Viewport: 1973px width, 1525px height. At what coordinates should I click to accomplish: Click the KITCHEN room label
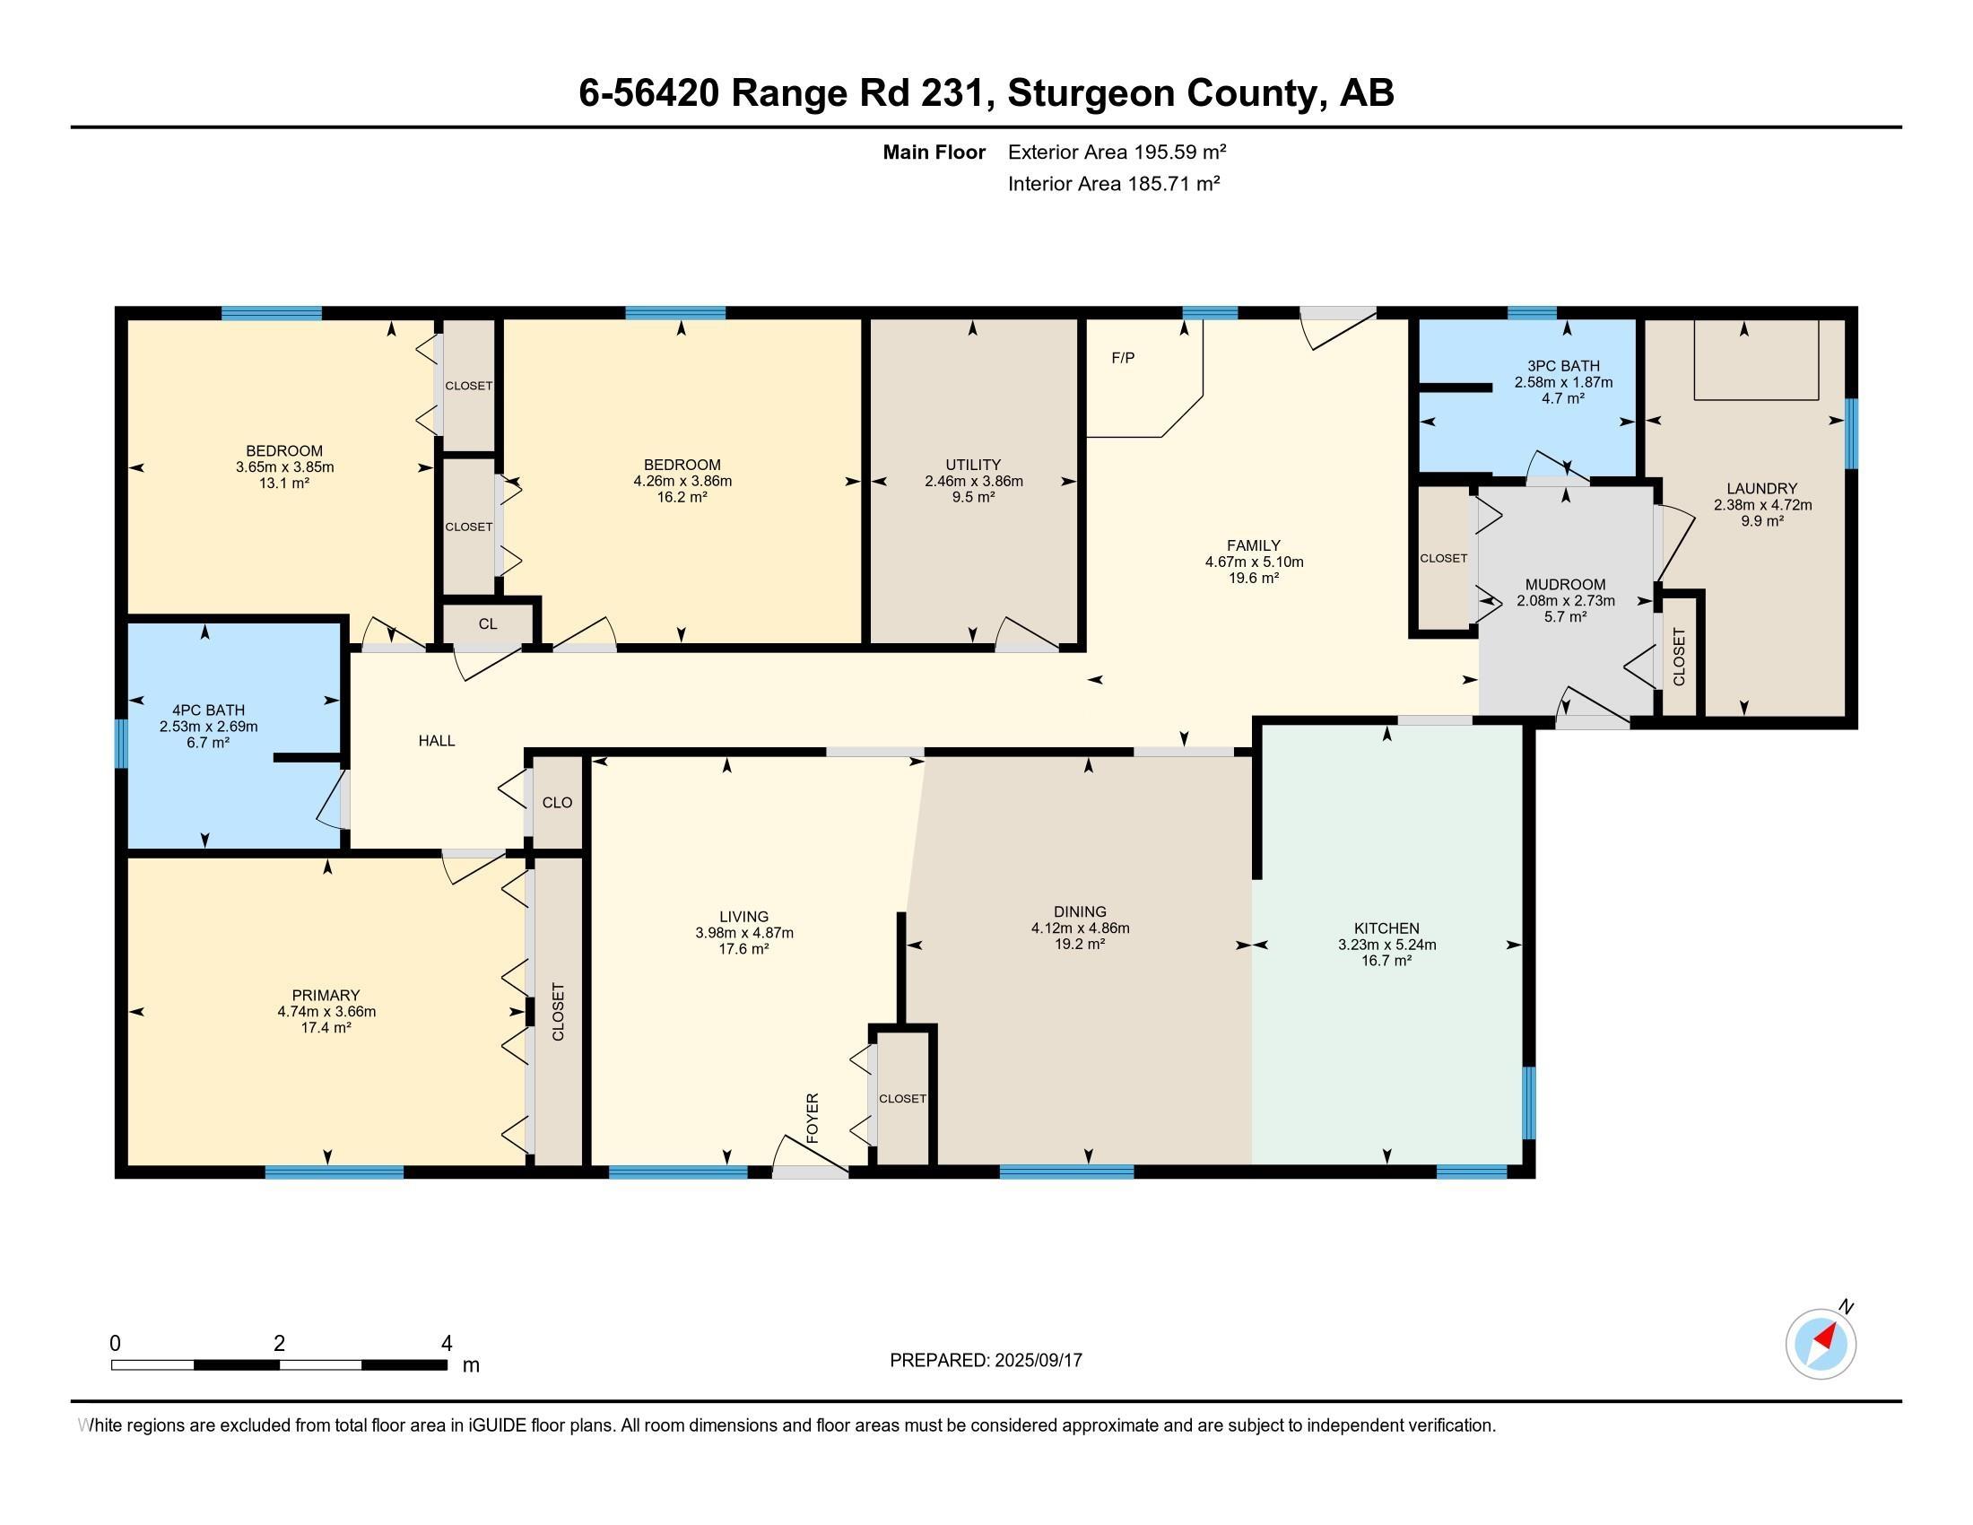1386,928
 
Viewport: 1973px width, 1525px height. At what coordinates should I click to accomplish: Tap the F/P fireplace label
1123,358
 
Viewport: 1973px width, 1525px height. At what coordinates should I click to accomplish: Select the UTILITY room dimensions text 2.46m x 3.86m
974,481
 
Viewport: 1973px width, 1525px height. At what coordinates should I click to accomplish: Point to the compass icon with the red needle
1821,1344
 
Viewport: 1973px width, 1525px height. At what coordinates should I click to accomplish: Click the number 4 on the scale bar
447,1344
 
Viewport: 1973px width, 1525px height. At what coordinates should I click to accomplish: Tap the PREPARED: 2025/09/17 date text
986,1360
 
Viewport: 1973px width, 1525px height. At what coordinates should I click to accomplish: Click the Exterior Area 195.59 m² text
1117,152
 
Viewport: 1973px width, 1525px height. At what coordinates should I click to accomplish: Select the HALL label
437,741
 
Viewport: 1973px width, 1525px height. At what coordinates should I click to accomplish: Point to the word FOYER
813,1119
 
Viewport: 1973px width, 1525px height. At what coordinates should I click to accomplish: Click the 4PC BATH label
208,710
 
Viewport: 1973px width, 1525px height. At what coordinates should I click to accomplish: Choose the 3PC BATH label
1563,366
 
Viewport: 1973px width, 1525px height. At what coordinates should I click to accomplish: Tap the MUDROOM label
1566,585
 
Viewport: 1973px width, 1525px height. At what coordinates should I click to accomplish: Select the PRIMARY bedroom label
326,996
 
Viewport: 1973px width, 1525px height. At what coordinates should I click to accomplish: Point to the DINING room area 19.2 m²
1081,944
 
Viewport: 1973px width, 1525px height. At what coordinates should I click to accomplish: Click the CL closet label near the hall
488,623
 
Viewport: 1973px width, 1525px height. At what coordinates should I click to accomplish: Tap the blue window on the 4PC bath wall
120,744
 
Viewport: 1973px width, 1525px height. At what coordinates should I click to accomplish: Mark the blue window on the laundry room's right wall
1851,433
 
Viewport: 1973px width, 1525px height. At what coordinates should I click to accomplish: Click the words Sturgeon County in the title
1163,92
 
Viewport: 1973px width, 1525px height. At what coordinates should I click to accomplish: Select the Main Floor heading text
934,152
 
